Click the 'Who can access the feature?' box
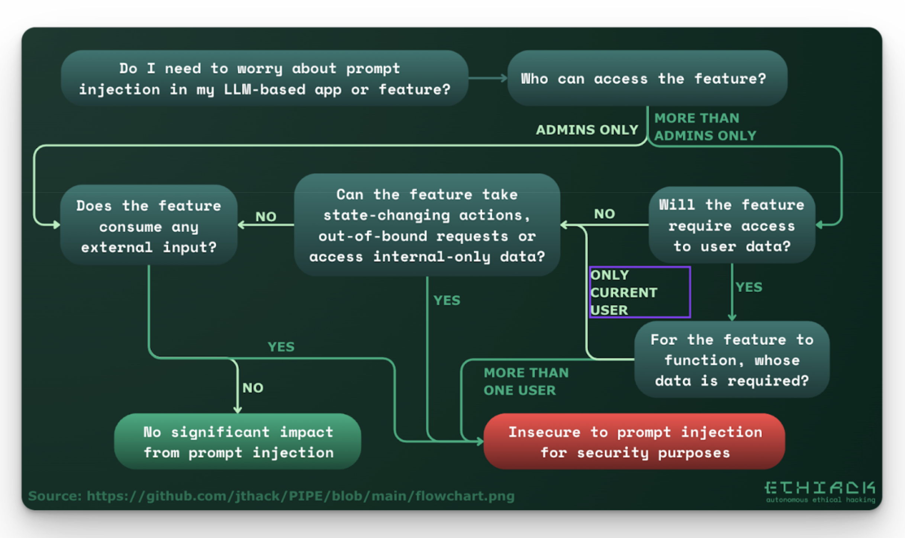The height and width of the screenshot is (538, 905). point(647,79)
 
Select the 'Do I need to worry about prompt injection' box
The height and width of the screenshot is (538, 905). point(264,79)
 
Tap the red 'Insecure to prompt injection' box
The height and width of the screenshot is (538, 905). point(634,442)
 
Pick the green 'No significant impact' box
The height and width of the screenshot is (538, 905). point(238,442)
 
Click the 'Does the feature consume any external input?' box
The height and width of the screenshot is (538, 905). point(149,226)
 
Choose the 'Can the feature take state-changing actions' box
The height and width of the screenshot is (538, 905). point(427,225)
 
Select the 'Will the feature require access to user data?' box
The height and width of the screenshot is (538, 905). point(732,225)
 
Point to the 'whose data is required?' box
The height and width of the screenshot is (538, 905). point(732,360)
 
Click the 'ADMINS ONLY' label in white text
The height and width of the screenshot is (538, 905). point(587,130)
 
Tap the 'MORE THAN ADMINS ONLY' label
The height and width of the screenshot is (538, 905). point(705,127)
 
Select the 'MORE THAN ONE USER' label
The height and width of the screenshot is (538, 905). point(526,381)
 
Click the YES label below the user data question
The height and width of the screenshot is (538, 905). point(749,287)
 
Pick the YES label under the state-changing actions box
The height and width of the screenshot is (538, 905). point(447,300)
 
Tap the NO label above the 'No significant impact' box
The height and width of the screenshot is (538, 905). point(253,388)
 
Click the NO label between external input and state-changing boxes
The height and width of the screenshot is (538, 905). point(266,217)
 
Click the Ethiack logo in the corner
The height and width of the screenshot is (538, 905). point(819,491)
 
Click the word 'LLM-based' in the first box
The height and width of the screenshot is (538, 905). point(264,90)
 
